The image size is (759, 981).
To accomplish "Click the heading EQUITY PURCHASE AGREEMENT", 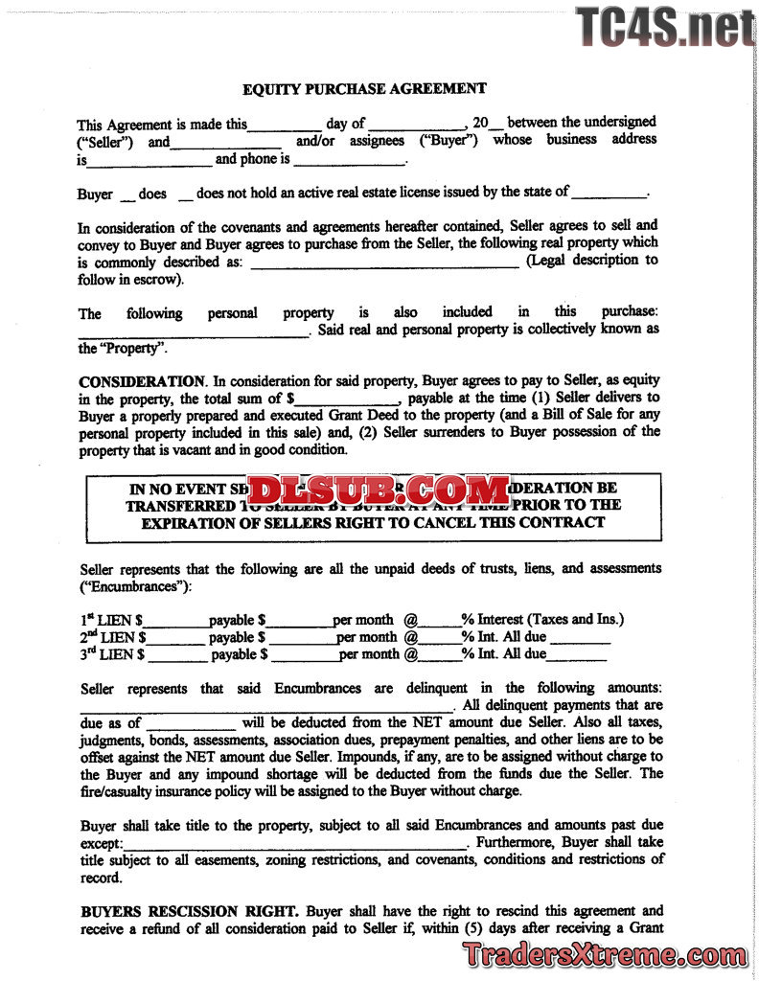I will click(x=364, y=89).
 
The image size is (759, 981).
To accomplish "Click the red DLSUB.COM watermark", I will click(x=379, y=492).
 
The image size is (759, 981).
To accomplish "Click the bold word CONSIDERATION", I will click(x=142, y=380).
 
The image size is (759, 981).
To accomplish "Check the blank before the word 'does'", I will click(x=127, y=195).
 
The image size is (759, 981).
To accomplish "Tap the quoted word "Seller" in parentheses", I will click(x=110, y=141).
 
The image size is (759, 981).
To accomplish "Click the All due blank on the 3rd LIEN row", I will click(x=576, y=657).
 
